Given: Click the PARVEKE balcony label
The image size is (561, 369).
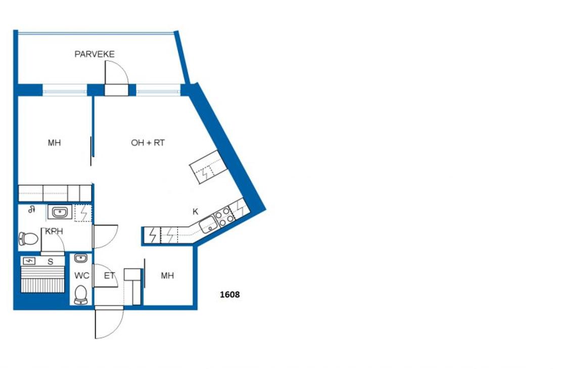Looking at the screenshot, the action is coord(95,54).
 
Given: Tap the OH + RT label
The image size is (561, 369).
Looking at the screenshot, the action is coord(148,143).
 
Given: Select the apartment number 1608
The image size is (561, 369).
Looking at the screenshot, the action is coord(229,295).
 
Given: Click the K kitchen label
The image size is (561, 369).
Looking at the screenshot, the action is coord(196,211).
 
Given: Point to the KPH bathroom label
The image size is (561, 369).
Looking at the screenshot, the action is coord(54,231).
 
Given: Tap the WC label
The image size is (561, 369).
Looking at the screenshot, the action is coord(81,275).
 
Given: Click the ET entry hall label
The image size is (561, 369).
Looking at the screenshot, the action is coord(110,275).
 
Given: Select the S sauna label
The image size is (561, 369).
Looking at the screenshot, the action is coord(51,262).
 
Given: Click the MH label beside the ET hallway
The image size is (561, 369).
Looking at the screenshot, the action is coord(167,275).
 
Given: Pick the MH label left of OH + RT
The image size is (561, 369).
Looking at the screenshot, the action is coord(55,143).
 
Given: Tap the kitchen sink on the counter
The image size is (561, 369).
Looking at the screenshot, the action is coord(208,225).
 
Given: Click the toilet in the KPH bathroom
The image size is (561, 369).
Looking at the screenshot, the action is coord(29,239).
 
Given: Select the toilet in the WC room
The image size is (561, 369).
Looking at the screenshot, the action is coord(81,295).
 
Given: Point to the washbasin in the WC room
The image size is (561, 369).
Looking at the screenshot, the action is coord(81,258).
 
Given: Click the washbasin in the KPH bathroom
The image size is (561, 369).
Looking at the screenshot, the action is coord(60,212).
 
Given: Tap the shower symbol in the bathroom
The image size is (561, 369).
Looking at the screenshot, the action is coord(32,209).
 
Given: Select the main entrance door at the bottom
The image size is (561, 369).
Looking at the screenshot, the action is coord(109,322).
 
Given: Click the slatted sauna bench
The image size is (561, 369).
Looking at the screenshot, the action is coord(43,280).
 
